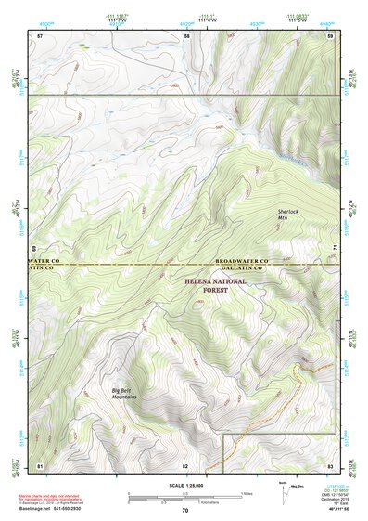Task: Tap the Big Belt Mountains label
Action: point(124,394)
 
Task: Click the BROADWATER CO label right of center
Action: point(241,262)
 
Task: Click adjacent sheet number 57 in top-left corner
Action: point(40,35)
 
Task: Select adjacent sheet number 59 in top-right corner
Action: point(330,35)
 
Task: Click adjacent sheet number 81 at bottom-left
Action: point(40,464)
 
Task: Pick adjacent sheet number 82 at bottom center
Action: point(185,464)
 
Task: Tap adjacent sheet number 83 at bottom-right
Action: point(330,464)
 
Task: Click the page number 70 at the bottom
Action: point(185,510)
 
